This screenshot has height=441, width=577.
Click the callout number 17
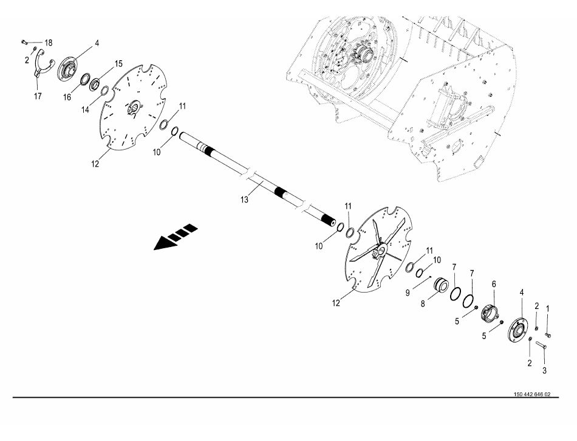pyautogui.click(x=38, y=96)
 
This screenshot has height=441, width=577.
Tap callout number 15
pyautogui.click(x=118, y=63)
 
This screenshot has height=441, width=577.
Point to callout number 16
pyautogui.click(x=67, y=97)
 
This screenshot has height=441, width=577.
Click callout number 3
pyautogui.click(x=544, y=370)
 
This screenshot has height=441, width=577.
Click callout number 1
pyautogui.click(x=548, y=308)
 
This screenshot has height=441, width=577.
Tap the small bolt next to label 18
pyautogui.click(x=24, y=41)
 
